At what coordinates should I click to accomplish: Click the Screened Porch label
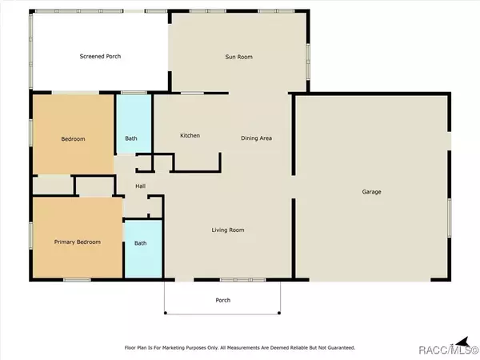tap(100, 56)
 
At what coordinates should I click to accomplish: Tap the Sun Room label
tap(238, 57)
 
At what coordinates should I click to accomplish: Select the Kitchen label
tap(190, 135)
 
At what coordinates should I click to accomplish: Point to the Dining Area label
tap(256, 138)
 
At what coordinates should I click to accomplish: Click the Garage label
tap(371, 192)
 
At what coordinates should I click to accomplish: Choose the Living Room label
tap(228, 230)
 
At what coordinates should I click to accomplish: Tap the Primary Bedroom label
tap(78, 242)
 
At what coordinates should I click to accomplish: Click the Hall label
tap(141, 186)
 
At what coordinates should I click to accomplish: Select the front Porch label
tap(223, 300)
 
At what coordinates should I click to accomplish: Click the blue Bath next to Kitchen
tap(134, 124)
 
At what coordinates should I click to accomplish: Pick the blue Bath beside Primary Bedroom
tap(143, 249)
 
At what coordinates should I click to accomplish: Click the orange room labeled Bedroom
tap(74, 134)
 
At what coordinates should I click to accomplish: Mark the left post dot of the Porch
tap(166, 313)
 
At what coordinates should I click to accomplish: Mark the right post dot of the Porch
tap(279, 313)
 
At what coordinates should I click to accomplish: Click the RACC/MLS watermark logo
tap(448, 347)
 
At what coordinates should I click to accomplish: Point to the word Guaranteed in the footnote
tap(342, 348)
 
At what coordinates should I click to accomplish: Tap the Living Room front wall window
tap(242, 280)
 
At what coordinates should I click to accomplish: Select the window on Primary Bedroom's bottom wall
tap(77, 280)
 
